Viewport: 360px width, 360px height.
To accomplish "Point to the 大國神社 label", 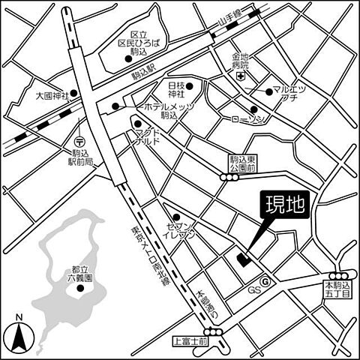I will point(52,96).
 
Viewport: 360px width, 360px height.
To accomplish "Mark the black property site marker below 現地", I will point(241,259).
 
